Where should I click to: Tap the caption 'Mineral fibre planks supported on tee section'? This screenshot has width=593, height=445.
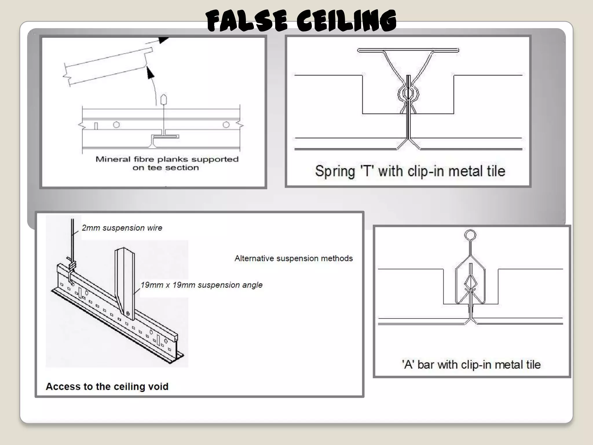(x=167, y=163)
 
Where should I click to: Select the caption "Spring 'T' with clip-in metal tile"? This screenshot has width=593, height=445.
(x=410, y=171)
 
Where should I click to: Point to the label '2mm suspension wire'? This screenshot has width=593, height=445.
(x=122, y=228)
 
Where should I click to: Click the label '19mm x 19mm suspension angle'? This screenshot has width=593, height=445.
(x=202, y=285)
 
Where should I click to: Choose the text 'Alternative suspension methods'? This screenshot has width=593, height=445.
(x=294, y=258)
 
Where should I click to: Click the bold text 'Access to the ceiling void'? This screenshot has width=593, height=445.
(x=107, y=386)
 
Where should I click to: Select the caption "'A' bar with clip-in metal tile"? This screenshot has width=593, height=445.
(x=471, y=364)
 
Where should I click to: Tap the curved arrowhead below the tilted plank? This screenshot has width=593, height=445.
(x=150, y=72)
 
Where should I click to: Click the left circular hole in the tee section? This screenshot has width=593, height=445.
(x=116, y=125)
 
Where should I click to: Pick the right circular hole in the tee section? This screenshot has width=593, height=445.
(x=226, y=125)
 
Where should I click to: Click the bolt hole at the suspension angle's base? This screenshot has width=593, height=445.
(x=128, y=313)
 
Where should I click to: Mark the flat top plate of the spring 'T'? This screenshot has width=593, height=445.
(x=408, y=50)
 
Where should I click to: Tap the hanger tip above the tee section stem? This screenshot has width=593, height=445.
(x=164, y=99)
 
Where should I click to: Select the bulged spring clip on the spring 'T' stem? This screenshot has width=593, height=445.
(x=408, y=93)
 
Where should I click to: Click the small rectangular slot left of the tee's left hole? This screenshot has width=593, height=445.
(x=96, y=126)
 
